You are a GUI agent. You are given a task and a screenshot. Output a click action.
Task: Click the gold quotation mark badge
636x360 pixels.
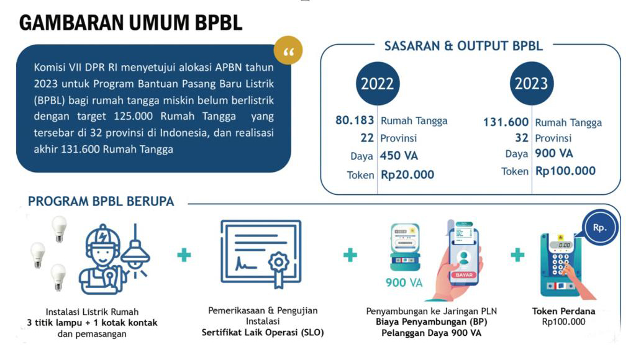click(288, 50)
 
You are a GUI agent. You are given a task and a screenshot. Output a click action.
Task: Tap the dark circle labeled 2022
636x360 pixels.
click(378, 84)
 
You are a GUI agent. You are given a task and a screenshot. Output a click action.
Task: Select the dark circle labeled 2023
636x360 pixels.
click(532, 84)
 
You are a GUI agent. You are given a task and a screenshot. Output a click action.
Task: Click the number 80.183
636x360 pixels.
click(355, 120)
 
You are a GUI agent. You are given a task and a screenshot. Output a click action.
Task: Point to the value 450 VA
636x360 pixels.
click(399, 156)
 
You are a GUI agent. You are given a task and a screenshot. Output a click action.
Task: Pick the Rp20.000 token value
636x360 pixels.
click(407, 175)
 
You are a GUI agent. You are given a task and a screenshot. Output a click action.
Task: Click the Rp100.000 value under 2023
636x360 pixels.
click(565, 171)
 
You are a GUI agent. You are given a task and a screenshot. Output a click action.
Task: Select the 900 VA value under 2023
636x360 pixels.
click(553, 153)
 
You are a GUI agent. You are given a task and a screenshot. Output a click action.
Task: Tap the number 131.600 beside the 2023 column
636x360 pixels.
click(506, 122)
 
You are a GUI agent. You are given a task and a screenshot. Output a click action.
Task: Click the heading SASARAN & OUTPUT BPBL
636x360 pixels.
click(463, 46)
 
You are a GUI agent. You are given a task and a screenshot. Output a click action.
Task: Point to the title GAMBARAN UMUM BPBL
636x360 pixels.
click(130, 22)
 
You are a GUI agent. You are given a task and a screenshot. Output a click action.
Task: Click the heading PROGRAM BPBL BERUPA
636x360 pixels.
click(101, 202)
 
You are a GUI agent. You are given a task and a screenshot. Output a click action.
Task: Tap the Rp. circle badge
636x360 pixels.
click(600, 227)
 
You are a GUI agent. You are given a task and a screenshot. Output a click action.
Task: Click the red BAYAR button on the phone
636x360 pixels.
click(463, 275)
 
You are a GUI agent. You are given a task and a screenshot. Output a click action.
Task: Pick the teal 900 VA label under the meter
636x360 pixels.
click(404, 282)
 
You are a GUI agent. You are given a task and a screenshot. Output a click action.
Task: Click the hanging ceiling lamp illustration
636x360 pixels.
click(135, 251)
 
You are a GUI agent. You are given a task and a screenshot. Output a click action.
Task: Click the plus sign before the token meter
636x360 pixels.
click(517, 255)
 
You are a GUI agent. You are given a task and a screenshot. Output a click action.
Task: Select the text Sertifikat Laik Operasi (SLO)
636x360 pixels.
click(263, 333)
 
